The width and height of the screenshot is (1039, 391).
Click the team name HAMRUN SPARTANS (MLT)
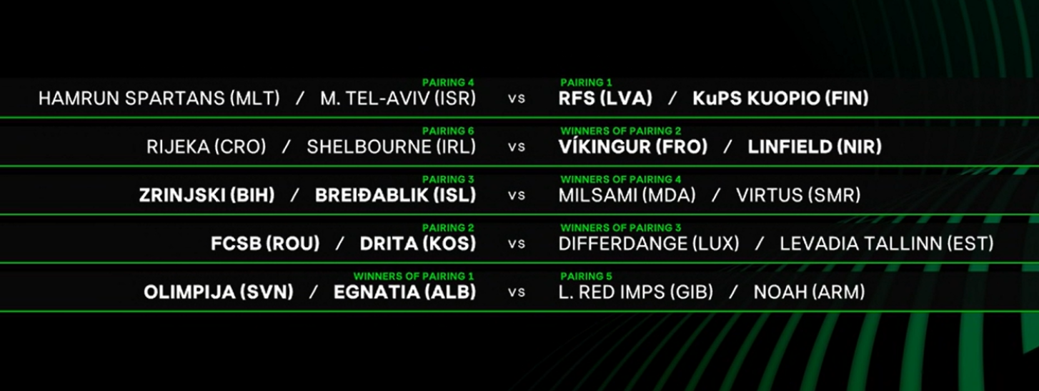pyautogui.click(x=159, y=99)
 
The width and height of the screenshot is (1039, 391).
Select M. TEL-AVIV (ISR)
pyautogui.click(x=398, y=99)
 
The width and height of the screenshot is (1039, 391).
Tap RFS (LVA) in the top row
pyautogui.click(x=605, y=99)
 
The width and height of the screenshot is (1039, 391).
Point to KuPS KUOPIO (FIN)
pyautogui.click(x=780, y=99)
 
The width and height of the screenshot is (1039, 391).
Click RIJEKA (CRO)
pyautogui.click(x=207, y=147)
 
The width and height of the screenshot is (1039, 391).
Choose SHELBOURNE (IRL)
pyautogui.click(x=392, y=147)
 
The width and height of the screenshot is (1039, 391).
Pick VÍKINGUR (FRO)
pyautogui.click(x=633, y=147)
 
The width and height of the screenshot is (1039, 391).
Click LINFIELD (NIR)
pyautogui.click(x=815, y=147)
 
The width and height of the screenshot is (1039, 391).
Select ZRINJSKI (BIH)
pyautogui.click(x=207, y=195)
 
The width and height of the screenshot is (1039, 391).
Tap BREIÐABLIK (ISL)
pyautogui.click(x=396, y=195)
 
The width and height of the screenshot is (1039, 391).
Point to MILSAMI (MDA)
pyautogui.click(x=627, y=195)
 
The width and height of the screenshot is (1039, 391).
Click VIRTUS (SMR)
pyautogui.click(x=798, y=195)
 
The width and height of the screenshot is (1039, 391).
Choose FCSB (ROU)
pyautogui.click(x=265, y=244)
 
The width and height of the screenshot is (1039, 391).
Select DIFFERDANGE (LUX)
pyautogui.click(x=649, y=244)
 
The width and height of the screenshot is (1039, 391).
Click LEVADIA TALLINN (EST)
pyautogui.click(x=886, y=244)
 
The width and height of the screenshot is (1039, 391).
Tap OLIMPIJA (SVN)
pyautogui.click(x=219, y=292)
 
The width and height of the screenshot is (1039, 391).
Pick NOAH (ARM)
pyautogui.click(x=810, y=292)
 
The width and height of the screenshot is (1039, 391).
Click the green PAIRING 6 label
pyautogui.click(x=448, y=131)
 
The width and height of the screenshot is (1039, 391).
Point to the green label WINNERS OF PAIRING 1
pyautogui.click(x=414, y=276)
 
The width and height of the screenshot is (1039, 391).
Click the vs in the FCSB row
pyautogui.click(x=517, y=244)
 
